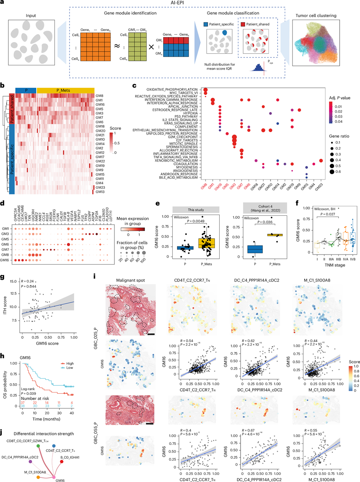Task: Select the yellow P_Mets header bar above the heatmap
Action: (65, 90)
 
